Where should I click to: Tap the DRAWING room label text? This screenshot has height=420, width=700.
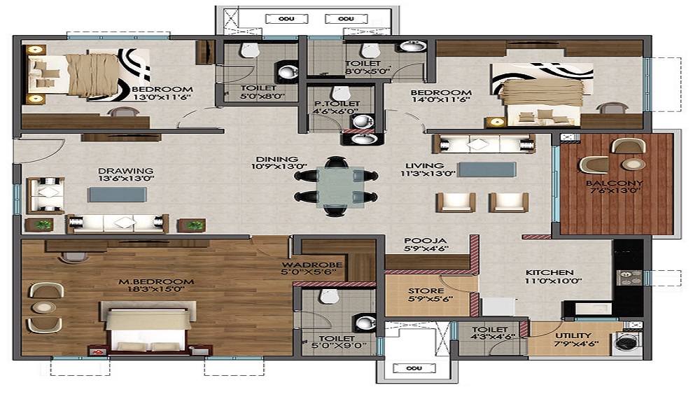116,170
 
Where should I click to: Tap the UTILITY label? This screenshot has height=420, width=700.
573,335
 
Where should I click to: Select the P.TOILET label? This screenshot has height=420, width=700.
337,104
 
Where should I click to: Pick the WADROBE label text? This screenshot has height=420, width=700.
311,264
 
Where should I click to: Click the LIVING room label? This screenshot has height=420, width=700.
419,165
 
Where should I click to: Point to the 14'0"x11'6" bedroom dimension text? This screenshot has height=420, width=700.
441,101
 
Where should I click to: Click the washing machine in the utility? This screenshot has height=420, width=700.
628,342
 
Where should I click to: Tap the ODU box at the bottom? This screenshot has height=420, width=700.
414,368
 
